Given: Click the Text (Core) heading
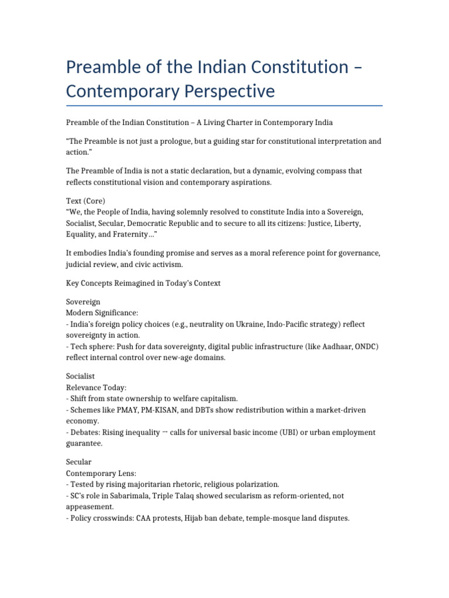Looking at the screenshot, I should point(86,201).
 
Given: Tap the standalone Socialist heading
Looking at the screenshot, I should point(81,377).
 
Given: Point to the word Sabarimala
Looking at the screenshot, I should point(127,496).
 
